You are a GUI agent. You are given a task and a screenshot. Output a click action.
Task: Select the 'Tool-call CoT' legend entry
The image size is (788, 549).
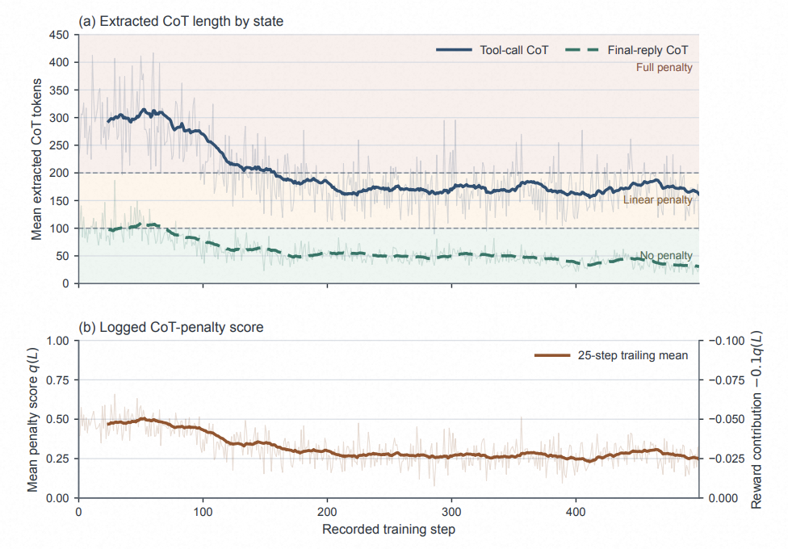click(492, 50)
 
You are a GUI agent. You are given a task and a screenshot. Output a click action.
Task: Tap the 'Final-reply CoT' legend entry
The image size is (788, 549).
click(627, 50)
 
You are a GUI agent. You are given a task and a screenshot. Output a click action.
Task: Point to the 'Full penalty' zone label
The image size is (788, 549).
click(664, 67)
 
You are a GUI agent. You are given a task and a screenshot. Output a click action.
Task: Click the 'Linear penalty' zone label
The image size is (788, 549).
click(658, 200)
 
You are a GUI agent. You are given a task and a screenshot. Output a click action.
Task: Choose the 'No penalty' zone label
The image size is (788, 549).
click(666, 255)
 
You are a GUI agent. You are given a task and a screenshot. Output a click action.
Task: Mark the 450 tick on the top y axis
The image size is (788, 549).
click(59, 36)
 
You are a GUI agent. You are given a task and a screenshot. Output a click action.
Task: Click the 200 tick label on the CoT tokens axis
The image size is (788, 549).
click(59, 174)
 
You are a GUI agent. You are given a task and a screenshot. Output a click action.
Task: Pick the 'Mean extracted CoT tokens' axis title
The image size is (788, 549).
click(36, 159)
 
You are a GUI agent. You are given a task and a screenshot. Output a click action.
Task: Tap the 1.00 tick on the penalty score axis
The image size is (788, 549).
click(58, 341)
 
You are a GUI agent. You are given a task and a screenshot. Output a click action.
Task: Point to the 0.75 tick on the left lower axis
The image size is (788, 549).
click(58, 380)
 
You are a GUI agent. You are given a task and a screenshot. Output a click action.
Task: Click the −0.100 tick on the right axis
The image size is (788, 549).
click(727, 341)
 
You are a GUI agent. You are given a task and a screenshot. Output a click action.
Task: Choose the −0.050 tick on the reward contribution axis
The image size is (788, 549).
click(727, 419)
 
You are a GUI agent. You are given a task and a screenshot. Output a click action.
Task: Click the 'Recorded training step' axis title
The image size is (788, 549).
click(388, 530)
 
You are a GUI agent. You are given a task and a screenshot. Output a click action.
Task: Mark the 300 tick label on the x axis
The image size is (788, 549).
click(451, 512)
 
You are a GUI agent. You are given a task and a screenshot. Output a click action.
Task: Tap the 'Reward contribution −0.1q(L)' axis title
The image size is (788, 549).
click(757, 419)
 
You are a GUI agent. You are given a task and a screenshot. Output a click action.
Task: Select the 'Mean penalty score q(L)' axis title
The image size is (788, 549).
click(32, 419)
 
